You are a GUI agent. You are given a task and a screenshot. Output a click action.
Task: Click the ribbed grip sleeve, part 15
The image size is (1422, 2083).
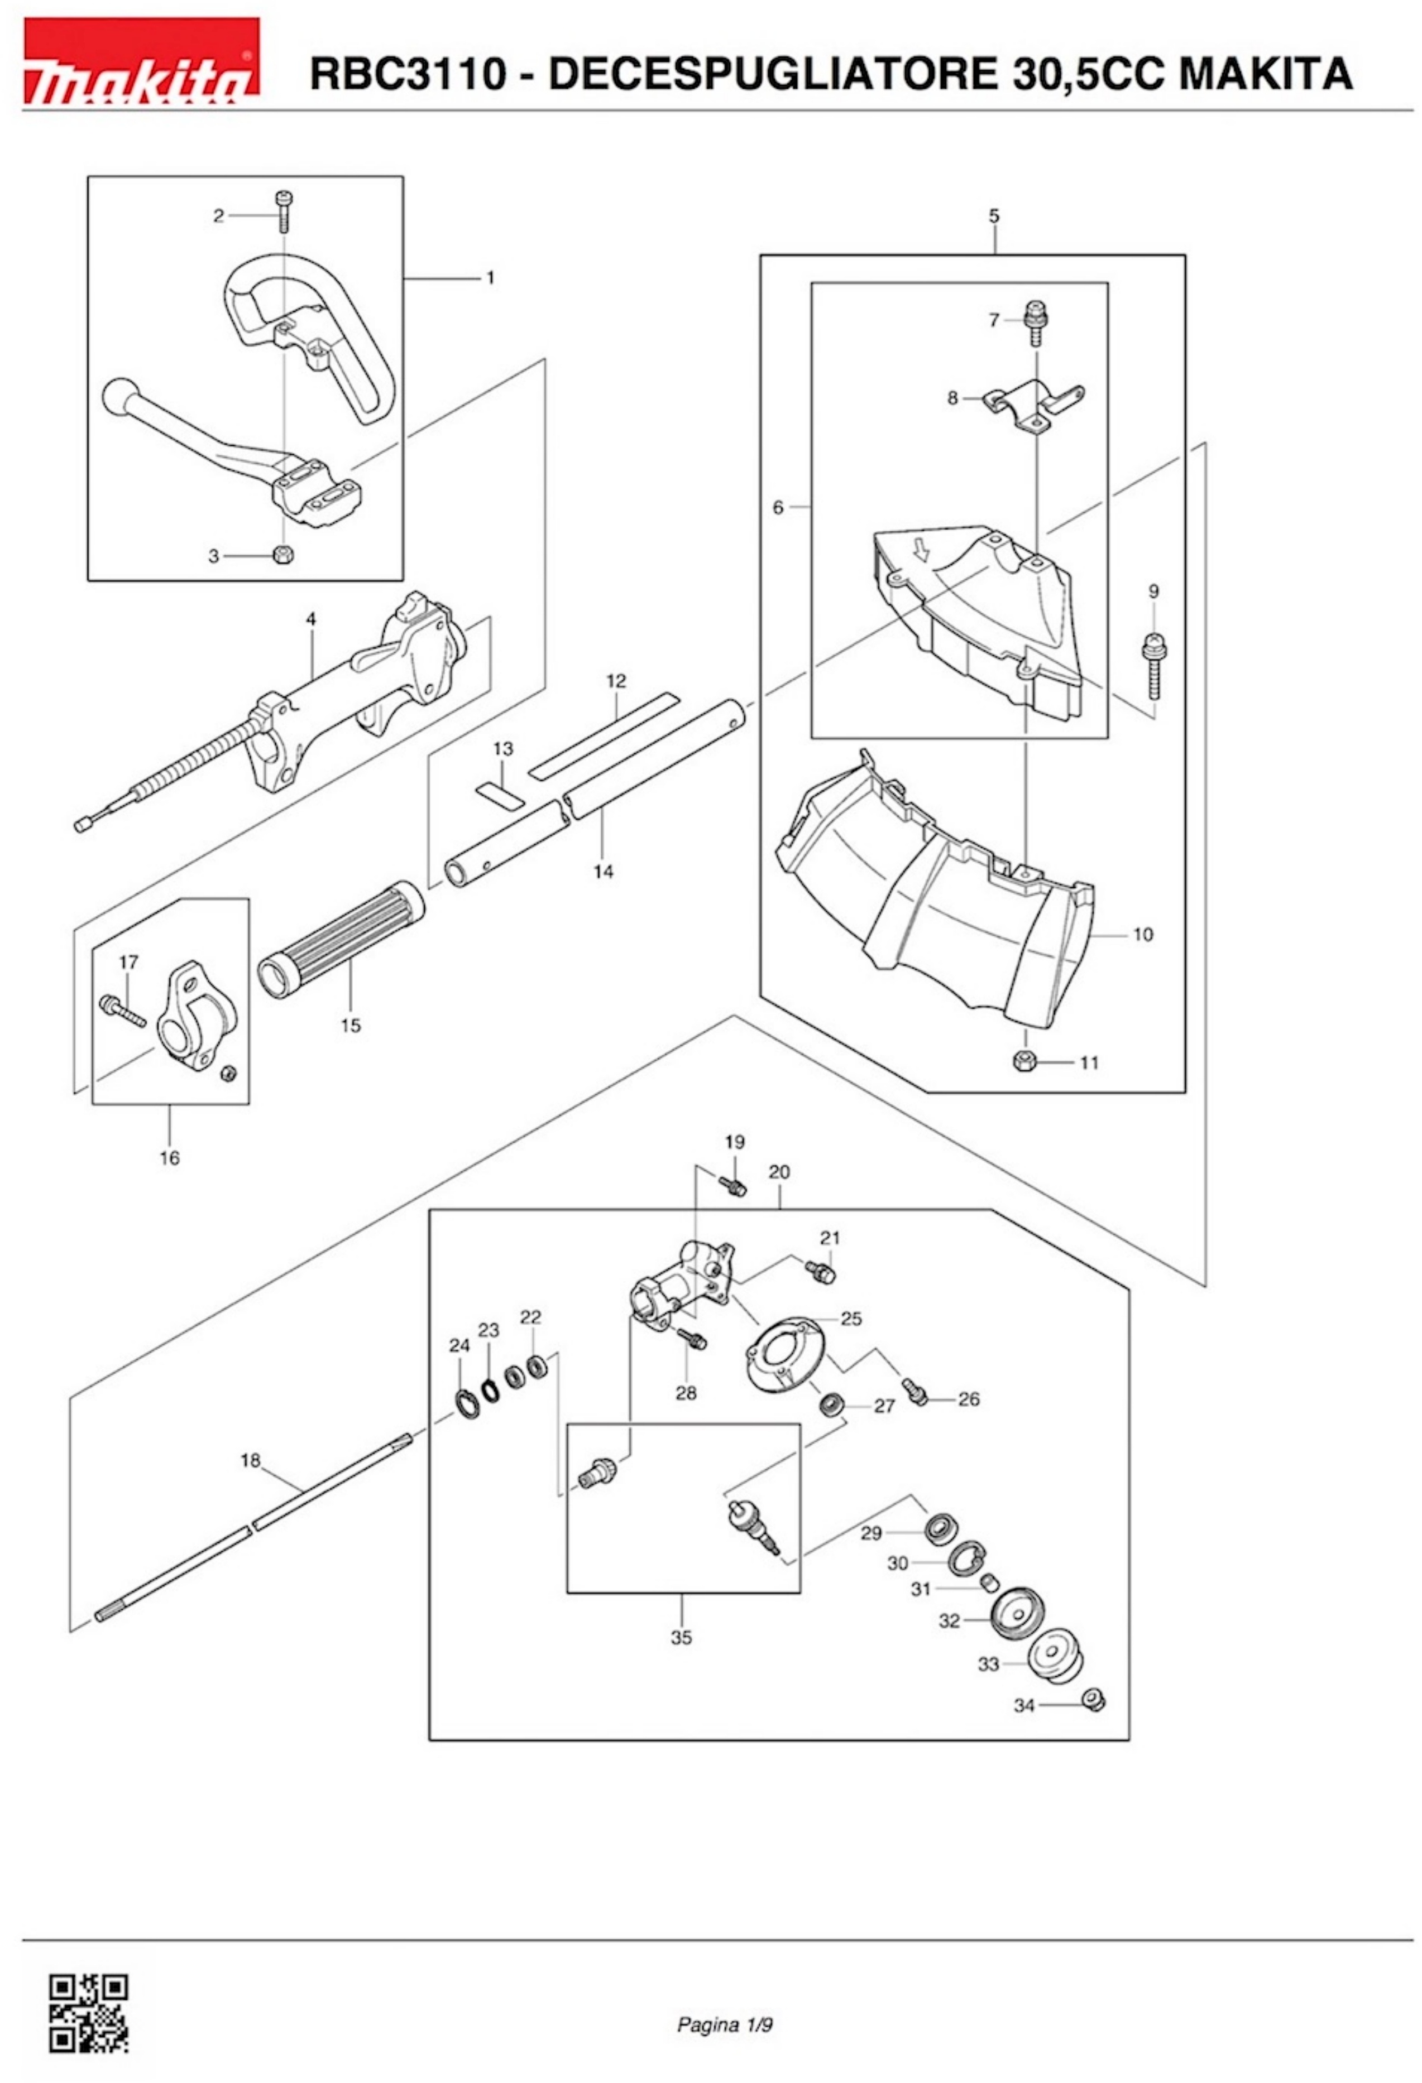[341, 939]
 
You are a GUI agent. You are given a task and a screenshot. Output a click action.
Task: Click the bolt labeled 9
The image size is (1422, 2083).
[1154, 666]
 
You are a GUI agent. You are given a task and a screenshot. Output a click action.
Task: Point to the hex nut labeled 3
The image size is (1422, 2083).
[283, 556]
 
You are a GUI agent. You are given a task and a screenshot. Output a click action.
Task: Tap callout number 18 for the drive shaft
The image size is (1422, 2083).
[250, 1460]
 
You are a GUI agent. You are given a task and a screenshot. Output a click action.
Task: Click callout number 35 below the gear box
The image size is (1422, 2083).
[682, 1638]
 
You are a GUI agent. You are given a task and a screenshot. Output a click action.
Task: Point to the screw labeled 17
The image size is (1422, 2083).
[124, 1010]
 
